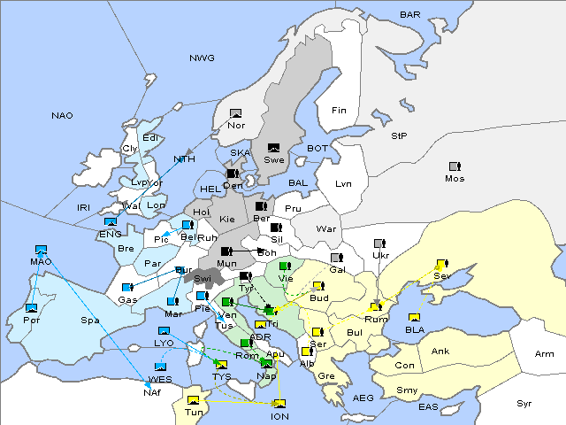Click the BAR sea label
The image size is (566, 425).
[410, 15]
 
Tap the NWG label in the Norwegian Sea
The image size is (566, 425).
[202, 58]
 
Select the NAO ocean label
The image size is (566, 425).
[62, 115]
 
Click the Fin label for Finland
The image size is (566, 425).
[338, 111]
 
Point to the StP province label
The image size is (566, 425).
[399, 136]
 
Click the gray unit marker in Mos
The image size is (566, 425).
[455, 166]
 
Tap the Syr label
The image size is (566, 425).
[525, 403]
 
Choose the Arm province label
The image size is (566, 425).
[545, 354]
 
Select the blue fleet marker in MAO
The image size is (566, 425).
[40, 250]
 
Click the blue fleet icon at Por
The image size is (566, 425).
[32, 307]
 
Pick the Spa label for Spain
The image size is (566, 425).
[89, 320]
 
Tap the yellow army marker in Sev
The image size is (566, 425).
[441, 264]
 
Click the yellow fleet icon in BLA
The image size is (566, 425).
[414, 318]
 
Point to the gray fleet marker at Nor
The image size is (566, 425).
[235, 113]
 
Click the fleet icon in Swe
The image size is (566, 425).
[274, 148]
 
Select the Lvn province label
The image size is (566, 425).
[344, 184]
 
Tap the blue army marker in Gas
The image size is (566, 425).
[127, 288]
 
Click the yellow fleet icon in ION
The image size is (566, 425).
[279, 405]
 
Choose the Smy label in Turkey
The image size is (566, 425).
[408, 390]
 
